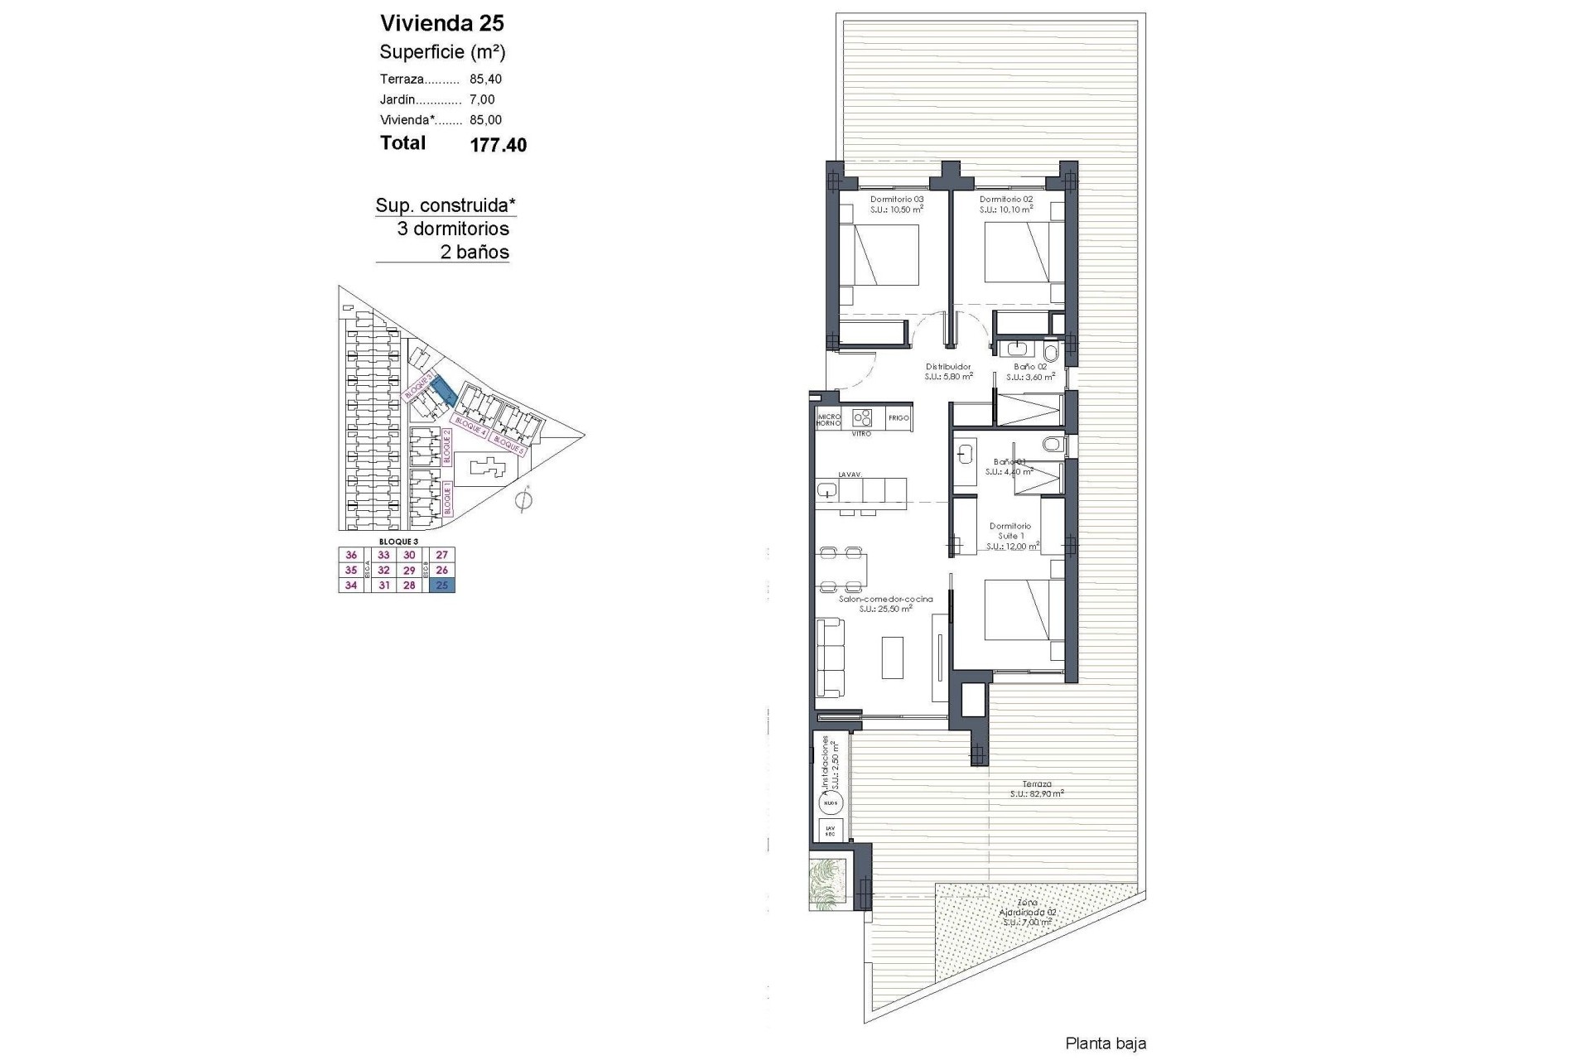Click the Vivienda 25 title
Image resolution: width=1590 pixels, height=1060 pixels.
point(441,23)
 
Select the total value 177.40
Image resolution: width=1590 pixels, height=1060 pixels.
point(498,146)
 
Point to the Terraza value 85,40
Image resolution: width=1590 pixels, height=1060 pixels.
point(485,79)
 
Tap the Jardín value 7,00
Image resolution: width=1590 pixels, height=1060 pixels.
point(482,99)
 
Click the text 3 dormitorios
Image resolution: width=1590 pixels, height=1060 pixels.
point(453,229)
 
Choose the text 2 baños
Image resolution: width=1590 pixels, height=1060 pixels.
point(475,253)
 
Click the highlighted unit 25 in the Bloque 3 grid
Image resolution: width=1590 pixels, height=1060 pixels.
point(442,585)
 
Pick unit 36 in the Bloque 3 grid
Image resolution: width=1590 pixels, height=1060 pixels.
point(351,556)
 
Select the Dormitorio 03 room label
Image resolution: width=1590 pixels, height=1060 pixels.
point(896,200)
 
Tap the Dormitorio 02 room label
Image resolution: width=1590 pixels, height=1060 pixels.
point(1005,200)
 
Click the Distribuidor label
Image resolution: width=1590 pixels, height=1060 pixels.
point(948,367)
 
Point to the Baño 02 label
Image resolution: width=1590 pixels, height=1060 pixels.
point(1030,367)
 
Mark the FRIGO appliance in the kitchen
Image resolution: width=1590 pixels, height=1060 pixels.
point(899,418)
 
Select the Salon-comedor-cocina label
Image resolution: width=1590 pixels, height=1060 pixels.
point(885,600)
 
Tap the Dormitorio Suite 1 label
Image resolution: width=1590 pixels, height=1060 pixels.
point(1010,531)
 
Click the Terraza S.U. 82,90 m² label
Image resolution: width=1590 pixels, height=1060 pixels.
point(1037,788)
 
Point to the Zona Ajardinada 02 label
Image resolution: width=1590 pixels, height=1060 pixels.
point(1028,912)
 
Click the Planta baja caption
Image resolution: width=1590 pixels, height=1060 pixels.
point(1106,1044)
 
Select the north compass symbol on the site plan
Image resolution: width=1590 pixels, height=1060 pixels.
point(523,500)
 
